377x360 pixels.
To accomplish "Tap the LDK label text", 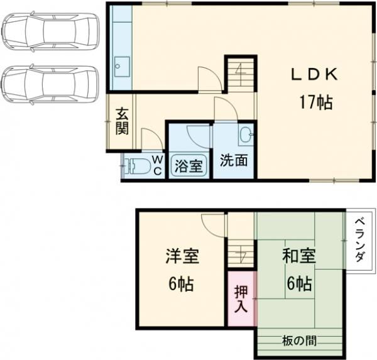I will coord(315,74).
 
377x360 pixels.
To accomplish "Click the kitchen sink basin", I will coord(121,65).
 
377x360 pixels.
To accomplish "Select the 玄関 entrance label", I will coord(121,123).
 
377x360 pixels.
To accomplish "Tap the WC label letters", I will coord(157,166).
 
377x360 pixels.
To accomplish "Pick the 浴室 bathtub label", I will coord(188,166).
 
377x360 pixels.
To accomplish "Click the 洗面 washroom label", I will coord(233,161).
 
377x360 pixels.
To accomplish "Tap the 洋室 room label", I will coord(183,257).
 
